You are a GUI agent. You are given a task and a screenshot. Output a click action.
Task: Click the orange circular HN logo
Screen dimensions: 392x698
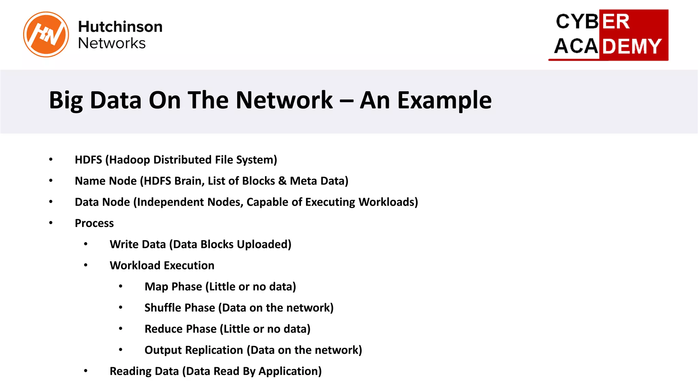[x=46, y=34]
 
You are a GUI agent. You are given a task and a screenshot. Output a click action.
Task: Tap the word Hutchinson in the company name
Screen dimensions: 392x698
[x=120, y=27]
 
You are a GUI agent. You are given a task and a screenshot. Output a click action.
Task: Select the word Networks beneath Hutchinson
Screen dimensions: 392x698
[x=112, y=43]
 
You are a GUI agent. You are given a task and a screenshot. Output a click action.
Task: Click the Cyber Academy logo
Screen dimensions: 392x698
[x=608, y=35]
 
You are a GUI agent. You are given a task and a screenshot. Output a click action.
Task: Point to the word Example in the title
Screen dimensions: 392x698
[x=444, y=100]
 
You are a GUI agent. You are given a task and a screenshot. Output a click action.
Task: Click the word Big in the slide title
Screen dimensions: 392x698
[x=66, y=100]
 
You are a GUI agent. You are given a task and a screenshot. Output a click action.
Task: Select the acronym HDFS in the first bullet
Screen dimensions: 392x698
[x=88, y=160]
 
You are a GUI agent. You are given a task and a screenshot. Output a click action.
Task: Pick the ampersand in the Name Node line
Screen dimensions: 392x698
[x=282, y=181]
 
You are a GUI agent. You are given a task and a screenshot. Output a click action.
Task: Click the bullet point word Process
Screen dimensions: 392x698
[x=94, y=223]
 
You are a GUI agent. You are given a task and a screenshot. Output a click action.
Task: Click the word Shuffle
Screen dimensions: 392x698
[x=163, y=308]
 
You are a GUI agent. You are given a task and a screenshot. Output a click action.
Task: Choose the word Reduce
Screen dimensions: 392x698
[x=163, y=329]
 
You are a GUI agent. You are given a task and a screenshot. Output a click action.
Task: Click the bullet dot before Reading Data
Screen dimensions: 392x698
[x=86, y=371]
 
